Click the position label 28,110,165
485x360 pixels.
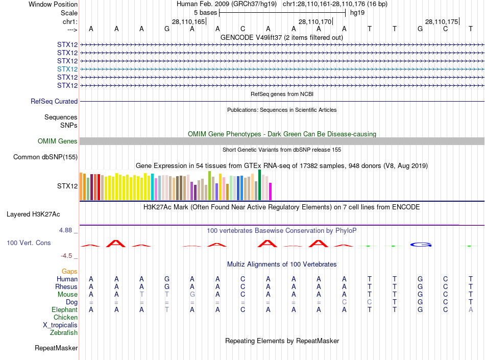188,22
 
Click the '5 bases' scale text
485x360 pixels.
205,13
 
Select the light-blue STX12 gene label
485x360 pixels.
67,69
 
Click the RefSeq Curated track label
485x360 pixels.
54,102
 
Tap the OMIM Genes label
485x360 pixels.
58,141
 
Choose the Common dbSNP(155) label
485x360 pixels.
45,157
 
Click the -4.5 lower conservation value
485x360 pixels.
67,256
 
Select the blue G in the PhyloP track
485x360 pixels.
421,245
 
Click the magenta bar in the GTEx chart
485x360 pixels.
271,191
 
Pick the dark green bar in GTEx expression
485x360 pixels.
260,185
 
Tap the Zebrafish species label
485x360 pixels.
64,333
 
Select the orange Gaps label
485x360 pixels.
69,272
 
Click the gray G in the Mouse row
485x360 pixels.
192,295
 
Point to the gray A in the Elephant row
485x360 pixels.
471,310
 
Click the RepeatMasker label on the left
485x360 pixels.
56,348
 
